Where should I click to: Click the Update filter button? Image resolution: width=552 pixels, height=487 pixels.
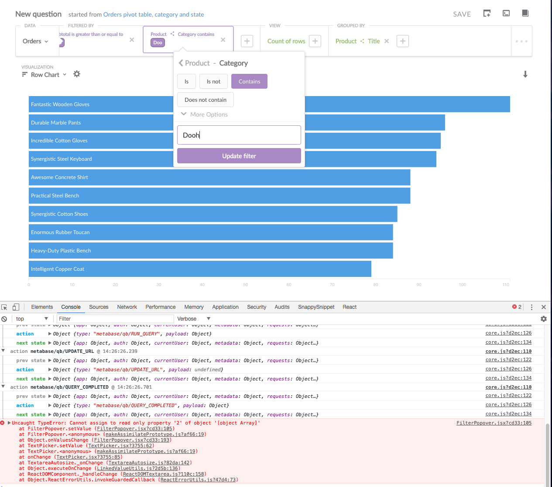(239, 156)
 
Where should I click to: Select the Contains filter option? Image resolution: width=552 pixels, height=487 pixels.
(249, 81)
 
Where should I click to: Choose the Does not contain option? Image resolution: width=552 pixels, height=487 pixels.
(205, 100)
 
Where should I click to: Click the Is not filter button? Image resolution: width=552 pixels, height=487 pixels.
(213, 81)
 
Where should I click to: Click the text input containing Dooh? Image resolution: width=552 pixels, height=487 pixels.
(239, 135)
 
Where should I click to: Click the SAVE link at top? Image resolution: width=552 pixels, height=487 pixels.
(462, 14)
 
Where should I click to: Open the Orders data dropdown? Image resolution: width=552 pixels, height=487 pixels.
(35, 41)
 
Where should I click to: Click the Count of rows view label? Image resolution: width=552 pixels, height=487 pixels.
(286, 41)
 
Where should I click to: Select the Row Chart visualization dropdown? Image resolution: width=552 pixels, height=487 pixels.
(45, 75)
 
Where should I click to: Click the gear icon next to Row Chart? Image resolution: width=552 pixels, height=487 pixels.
(77, 74)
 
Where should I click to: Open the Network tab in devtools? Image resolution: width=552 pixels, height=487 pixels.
(127, 307)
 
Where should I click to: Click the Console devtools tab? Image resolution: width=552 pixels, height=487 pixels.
(71, 307)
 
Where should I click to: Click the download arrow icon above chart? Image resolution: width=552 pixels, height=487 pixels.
(525, 74)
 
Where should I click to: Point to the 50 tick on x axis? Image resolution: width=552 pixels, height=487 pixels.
(246, 284)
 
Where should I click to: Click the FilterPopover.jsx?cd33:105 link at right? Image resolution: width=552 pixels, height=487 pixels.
(494, 423)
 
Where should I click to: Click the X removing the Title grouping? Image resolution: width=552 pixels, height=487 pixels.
(387, 41)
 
